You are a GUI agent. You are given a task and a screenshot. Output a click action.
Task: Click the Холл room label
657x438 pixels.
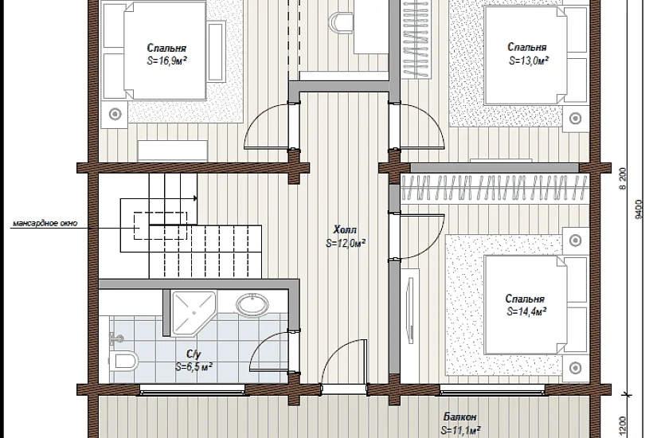click(x=345, y=229)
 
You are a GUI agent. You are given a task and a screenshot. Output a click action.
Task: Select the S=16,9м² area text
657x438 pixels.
click(x=166, y=61)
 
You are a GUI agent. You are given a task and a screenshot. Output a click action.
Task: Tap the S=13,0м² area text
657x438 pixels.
click(x=529, y=61)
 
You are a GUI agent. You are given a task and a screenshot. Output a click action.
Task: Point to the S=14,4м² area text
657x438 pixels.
click(x=526, y=312)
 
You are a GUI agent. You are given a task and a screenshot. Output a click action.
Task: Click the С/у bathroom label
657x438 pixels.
click(x=194, y=354)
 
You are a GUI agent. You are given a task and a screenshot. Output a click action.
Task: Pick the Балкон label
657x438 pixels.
click(x=460, y=417)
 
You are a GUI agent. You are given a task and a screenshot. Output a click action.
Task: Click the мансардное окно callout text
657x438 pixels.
click(x=45, y=223)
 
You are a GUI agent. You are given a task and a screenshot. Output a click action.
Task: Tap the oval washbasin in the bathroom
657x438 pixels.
click(x=252, y=303)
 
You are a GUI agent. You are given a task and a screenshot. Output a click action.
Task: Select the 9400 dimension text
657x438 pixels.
click(x=638, y=209)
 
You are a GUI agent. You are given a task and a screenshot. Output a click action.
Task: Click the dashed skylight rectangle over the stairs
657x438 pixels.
click(x=160, y=226)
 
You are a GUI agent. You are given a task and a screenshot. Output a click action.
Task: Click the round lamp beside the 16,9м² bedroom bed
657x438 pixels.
click(x=115, y=114)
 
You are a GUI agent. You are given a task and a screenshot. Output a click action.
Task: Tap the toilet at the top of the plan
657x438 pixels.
click(x=341, y=22)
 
